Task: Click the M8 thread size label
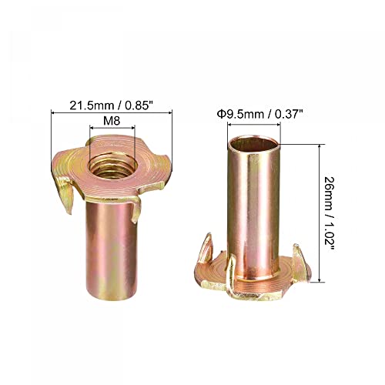[112, 120]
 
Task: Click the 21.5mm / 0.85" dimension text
[112, 105]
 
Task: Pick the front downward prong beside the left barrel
[136, 210]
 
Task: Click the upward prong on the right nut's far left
[206, 247]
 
